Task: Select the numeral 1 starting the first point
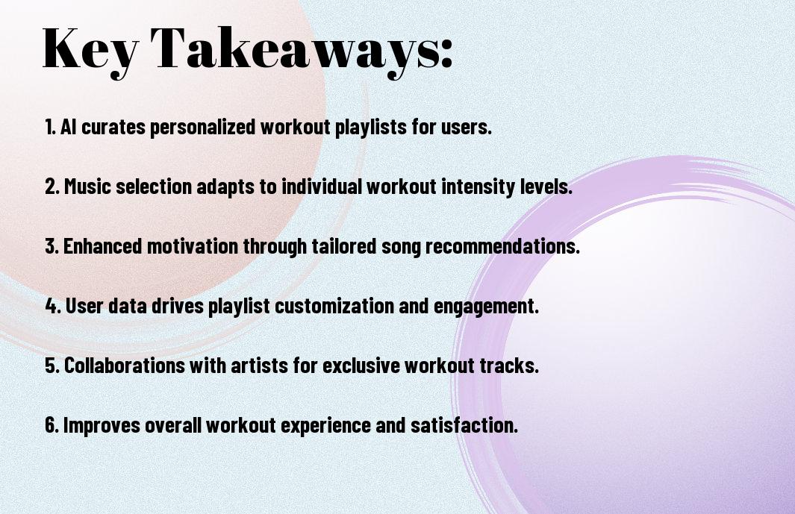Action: (49, 127)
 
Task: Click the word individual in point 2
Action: (322, 186)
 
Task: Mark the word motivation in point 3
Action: (193, 246)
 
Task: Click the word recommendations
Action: (502, 246)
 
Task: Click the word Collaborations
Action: (124, 365)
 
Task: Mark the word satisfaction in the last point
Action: (464, 424)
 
